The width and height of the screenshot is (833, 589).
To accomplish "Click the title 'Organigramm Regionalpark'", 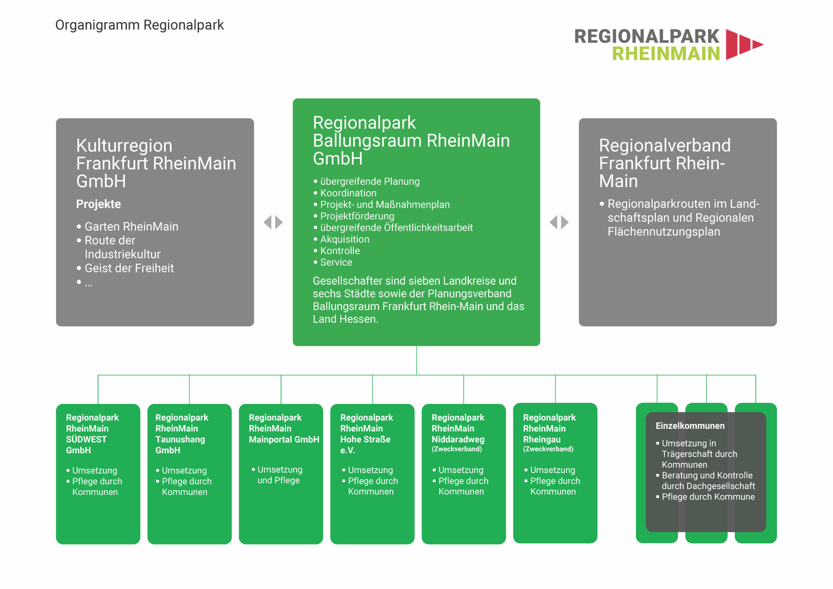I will (x=139, y=25).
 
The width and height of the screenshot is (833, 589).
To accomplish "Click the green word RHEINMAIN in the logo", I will (x=666, y=54).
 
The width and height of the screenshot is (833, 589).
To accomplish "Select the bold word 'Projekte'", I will (x=98, y=204).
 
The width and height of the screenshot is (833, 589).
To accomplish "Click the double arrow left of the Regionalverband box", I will (x=559, y=222).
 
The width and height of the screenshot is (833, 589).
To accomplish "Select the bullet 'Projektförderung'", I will (x=357, y=216).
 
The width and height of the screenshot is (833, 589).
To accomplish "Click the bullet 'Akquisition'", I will (x=345, y=239).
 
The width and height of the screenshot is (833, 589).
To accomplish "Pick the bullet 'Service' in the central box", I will (x=336, y=262).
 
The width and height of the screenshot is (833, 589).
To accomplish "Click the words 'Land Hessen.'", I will (x=345, y=319).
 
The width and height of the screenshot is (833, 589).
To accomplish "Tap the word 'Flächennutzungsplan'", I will (x=663, y=232).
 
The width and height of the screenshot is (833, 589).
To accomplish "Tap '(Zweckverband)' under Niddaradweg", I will (x=457, y=449).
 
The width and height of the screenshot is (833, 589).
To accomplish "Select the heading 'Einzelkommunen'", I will (x=690, y=426).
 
